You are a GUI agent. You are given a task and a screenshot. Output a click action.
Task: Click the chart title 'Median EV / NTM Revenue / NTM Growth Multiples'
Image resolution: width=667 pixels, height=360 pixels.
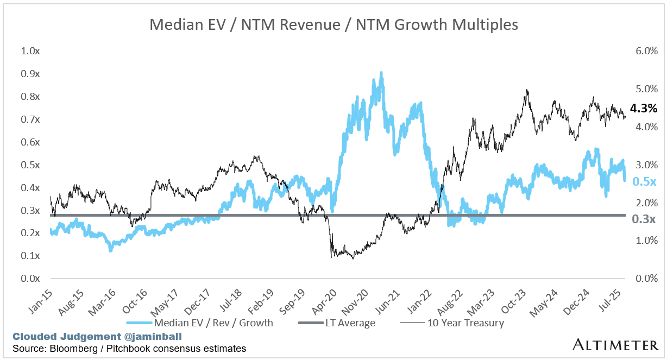tap(333, 24)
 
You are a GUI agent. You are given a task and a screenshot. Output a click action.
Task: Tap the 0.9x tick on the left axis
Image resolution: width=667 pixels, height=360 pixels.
tap(30, 74)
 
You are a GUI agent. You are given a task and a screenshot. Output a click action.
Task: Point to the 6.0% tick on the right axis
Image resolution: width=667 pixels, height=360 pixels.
tap(646, 51)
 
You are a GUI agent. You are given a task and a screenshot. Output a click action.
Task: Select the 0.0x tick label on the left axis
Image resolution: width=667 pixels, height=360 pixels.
tap(30, 279)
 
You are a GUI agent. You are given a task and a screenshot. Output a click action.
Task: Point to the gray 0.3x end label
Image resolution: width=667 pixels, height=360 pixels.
tap(644, 219)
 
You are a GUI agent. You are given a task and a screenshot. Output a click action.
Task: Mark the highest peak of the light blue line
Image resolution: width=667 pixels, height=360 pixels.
tap(381, 73)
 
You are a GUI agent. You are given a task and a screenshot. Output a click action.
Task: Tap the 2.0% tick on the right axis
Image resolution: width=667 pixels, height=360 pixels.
tap(646, 203)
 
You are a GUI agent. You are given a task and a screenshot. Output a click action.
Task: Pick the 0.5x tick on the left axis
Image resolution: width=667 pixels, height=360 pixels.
tap(30, 165)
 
